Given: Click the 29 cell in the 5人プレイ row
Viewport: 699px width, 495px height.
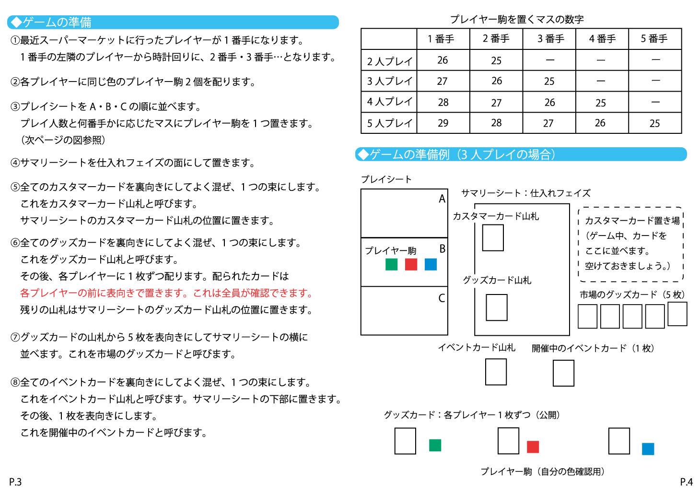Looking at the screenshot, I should tap(443, 123).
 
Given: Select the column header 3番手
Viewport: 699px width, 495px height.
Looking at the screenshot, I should tap(549, 39).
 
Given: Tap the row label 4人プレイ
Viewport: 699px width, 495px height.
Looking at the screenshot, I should tap(389, 102).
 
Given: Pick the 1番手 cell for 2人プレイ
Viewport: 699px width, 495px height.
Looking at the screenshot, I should tap(443, 60).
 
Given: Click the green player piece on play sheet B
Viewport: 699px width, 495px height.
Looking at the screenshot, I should tap(391, 264).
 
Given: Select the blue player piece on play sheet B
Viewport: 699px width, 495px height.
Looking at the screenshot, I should tap(431, 264).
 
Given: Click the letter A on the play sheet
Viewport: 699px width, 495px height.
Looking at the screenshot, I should tap(442, 199).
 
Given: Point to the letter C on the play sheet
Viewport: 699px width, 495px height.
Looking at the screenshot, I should tap(442, 298).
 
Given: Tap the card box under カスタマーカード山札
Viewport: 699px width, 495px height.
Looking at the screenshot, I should tap(493, 238).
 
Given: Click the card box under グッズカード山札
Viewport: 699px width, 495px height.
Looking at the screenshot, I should tap(496, 307).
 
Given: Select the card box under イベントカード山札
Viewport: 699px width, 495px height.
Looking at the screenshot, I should tap(496, 372).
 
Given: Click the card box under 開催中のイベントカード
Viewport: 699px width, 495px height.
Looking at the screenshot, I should tap(563, 373).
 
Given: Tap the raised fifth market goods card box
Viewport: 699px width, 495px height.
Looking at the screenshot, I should tap(677, 314).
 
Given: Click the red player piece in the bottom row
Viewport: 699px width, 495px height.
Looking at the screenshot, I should tap(533, 447).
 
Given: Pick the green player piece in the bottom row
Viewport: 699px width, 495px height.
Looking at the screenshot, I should tap(435, 445).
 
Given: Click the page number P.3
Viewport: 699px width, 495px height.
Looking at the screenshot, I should tap(15, 482).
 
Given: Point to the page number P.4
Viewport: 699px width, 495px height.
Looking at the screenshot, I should tap(686, 482).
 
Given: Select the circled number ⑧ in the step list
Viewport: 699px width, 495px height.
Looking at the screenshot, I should tap(15, 382).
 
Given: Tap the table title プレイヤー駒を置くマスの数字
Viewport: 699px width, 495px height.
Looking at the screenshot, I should tap(516, 19).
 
